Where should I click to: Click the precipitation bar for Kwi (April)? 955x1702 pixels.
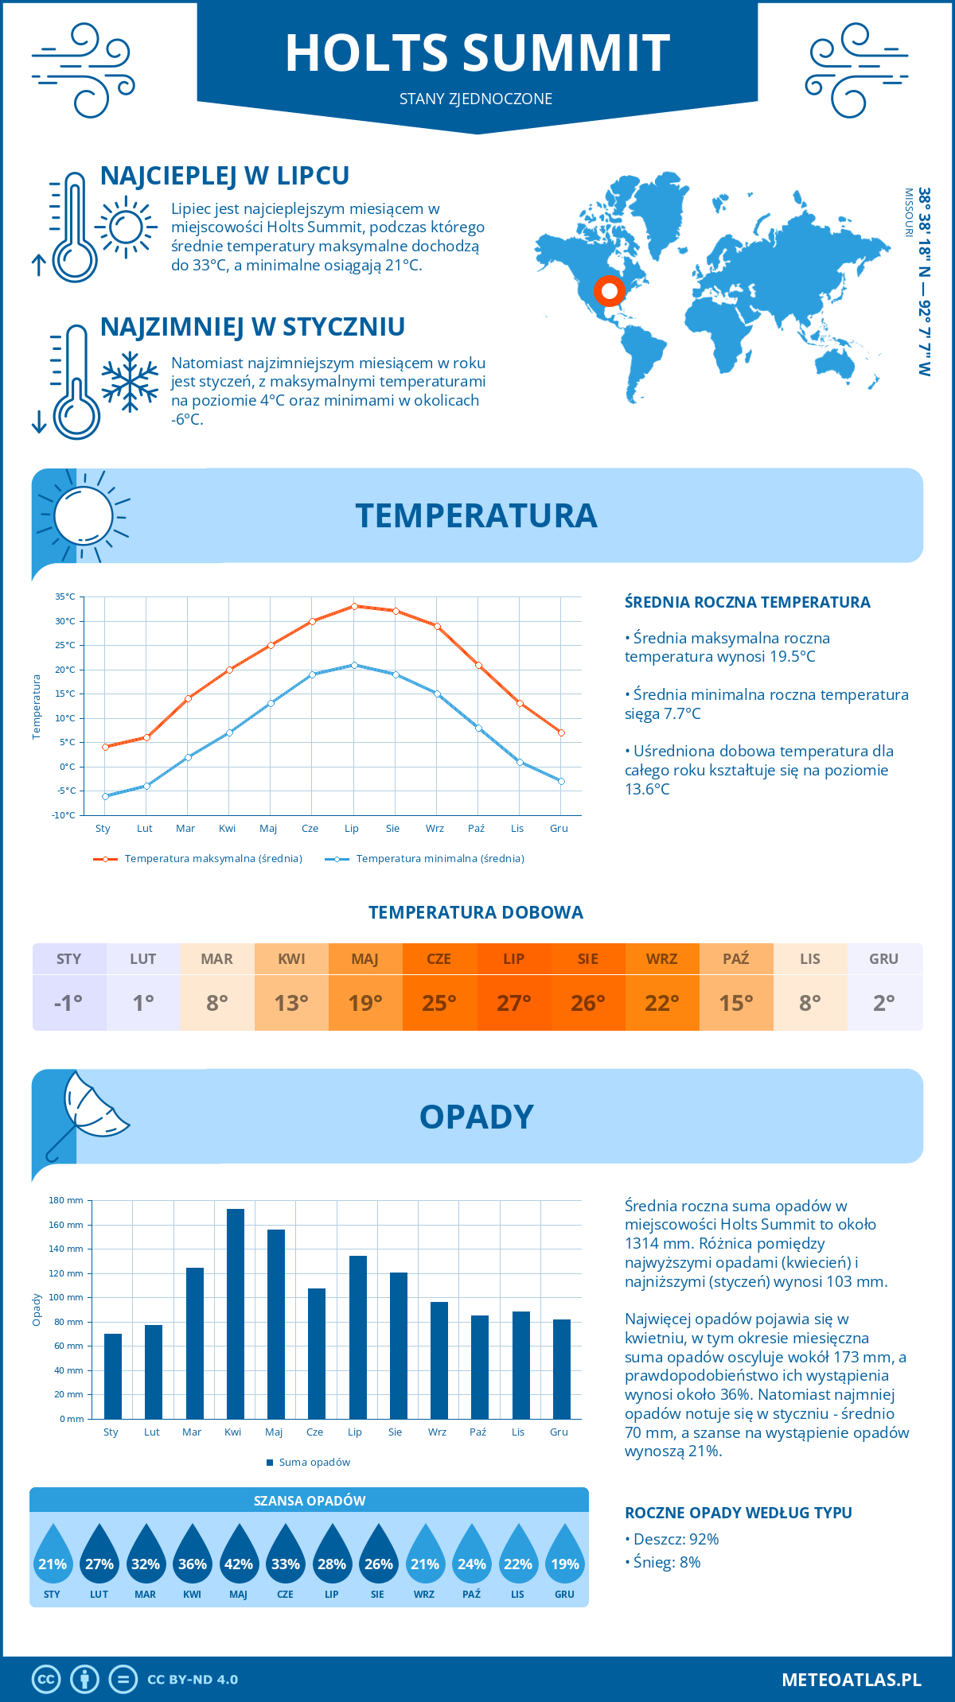click(x=236, y=1313)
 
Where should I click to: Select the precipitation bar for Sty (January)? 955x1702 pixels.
click(x=113, y=1376)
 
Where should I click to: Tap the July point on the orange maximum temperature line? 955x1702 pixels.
click(x=354, y=606)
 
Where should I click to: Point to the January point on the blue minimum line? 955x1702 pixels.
click(x=105, y=796)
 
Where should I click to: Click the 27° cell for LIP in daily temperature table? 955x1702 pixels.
click(x=514, y=1003)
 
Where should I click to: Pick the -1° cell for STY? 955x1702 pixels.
click(x=69, y=1003)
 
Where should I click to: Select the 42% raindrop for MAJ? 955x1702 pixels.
click(x=239, y=1557)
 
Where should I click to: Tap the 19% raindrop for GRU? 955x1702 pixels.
click(x=565, y=1557)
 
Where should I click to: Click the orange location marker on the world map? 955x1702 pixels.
click(x=610, y=291)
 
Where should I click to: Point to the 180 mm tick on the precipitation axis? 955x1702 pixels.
click(x=67, y=1200)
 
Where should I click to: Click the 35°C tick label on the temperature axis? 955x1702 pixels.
click(x=65, y=596)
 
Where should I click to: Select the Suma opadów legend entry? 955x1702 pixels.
click(x=314, y=1463)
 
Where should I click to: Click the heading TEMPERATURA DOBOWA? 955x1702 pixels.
click(x=476, y=912)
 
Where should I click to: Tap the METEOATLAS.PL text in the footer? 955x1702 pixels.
click(x=852, y=1680)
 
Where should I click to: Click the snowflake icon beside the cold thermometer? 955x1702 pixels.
click(x=130, y=382)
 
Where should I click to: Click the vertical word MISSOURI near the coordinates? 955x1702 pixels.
click(x=908, y=212)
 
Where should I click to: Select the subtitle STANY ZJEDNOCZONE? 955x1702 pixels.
click(x=476, y=99)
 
